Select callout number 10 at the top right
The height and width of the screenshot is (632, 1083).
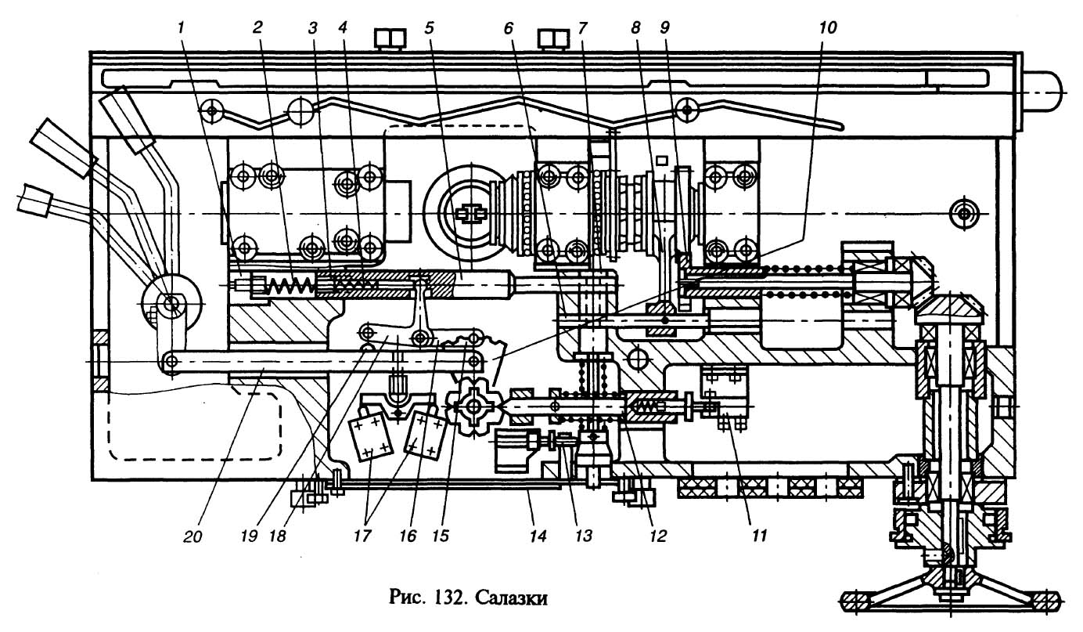tap(827, 28)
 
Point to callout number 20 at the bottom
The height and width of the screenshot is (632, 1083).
tap(192, 536)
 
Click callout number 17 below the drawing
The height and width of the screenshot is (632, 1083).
tap(362, 536)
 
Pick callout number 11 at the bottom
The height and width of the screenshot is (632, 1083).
tap(760, 536)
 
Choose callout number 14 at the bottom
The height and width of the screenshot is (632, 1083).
tap(538, 536)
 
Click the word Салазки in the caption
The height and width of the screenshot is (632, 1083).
tap(512, 598)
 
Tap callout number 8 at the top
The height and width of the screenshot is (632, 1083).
tap(635, 28)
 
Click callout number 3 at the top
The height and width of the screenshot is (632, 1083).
tap(313, 28)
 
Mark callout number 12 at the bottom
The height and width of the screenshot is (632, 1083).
tap(658, 536)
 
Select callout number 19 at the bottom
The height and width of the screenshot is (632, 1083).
tap(249, 536)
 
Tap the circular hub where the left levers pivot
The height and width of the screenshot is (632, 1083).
tap(171, 305)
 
